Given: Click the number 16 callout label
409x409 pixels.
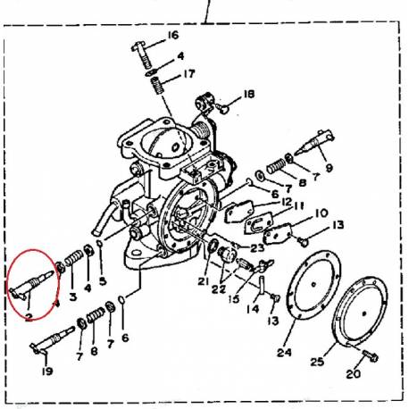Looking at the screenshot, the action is [x=173, y=36].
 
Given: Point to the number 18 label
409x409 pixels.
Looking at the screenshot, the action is [x=248, y=94].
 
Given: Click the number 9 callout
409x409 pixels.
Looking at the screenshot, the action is [x=330, y=166].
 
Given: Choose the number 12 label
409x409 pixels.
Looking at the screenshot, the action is [x=288, y=203].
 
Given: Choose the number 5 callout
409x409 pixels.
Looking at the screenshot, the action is [x=103, y=280].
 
